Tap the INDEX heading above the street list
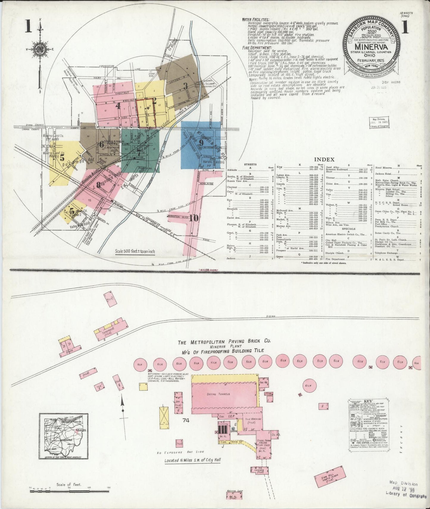pos(326,160)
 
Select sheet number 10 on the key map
pos(194,218)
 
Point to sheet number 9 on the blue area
pos(201,143)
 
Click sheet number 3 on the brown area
pos(185,86)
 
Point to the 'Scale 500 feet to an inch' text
pos(135,251)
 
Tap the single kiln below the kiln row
pos(308,386)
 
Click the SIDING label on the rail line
pos(270,316)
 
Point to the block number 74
pos(186,420)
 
